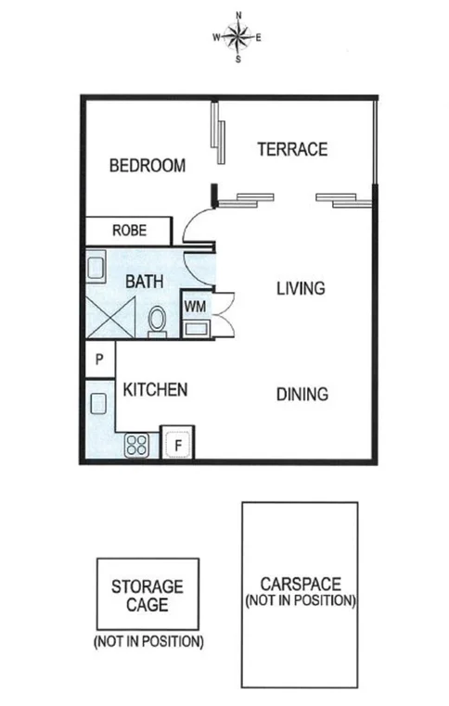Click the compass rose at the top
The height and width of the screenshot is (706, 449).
pyautogui.click(x=238, y=37)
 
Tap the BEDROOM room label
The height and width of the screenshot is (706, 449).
pyautogui.click(x=147, y=166)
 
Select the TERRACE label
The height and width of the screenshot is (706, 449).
pyautogui.click(x=292, y=148)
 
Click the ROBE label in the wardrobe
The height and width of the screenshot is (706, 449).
pyautogui.click(x=128, y=230)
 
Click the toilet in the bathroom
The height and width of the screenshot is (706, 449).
pyautogui.click(x=157, y=321)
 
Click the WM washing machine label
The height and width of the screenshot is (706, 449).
pyautogui.click(x=194, y=305)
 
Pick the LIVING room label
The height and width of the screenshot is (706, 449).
pyautogui.click(x=301, y=288)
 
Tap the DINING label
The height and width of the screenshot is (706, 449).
pyautogui.click(x=302, y=394)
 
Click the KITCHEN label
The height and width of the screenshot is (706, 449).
pyautogui.click(x=156, y=389)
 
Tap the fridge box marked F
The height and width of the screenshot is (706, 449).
pyautogui.click(x=177, y=444)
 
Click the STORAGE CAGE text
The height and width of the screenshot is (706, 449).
pyautogui.click(x=148, y=595)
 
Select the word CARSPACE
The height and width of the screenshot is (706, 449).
pyautogui.click(x=300, y=584)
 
